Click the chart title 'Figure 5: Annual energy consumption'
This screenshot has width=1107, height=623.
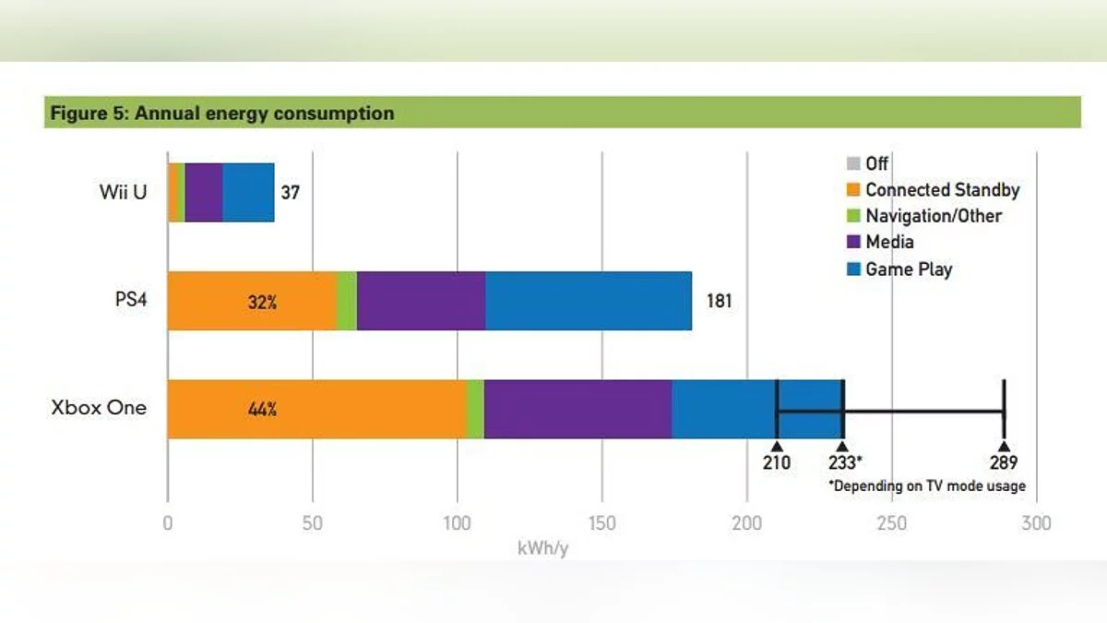[x=222, y=114]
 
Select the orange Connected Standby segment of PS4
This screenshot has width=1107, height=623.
[x=252, y=301]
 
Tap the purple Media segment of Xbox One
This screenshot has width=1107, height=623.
[x=577, y=409]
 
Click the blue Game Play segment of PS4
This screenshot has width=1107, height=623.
[x=589, y=301]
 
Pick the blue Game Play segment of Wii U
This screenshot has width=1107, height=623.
[x=248, y=192]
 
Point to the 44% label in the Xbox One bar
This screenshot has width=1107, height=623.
[x=262, y=409]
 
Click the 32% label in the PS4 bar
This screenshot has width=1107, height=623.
[x=262, y=301]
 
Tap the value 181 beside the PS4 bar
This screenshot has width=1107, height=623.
[x=719, y=301]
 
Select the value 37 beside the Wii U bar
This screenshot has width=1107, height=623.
[x=291, y=193]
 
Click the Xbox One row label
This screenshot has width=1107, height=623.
[x=99, y=408]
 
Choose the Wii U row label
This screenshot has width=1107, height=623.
[x=123, y=193]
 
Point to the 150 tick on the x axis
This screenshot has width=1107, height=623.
[x=601, y=523]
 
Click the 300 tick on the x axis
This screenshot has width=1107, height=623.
[x=1036, y=523]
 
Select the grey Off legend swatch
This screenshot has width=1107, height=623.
[x=852, y=164]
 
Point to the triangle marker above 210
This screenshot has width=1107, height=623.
[x=777, y=446]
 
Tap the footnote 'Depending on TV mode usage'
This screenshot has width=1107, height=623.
[x=927, y=485]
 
